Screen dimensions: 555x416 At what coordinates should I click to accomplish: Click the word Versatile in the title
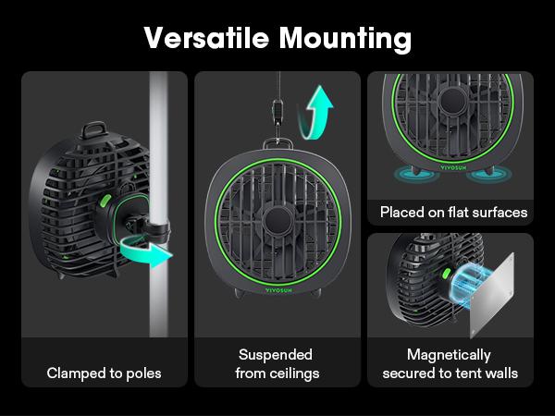[206, 38]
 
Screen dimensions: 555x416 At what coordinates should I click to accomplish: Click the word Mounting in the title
[345, 39]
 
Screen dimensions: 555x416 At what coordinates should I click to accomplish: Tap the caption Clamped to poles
[104, 373]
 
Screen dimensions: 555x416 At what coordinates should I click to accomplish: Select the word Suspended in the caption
[276, 355]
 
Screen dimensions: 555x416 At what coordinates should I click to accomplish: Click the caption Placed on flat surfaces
[453, 213]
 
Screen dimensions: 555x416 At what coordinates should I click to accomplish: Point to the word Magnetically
[449, 355]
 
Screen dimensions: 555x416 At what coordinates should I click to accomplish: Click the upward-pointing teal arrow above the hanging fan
[315, 113]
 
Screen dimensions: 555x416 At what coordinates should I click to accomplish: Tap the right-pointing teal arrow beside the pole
[146, 251]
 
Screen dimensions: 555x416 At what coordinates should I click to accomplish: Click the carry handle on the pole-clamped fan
[93, 129]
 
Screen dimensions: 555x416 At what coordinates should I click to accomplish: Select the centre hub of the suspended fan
[277, 220]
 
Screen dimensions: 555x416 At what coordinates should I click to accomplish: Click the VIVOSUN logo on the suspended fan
[278, 290]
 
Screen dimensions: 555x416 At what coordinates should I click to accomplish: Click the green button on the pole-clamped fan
[105, 201]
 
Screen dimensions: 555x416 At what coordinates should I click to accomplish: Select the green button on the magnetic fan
[447, 273]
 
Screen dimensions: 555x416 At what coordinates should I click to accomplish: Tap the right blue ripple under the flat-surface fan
[488, 174]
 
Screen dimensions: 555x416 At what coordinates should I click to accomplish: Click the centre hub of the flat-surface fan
[452, 101]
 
